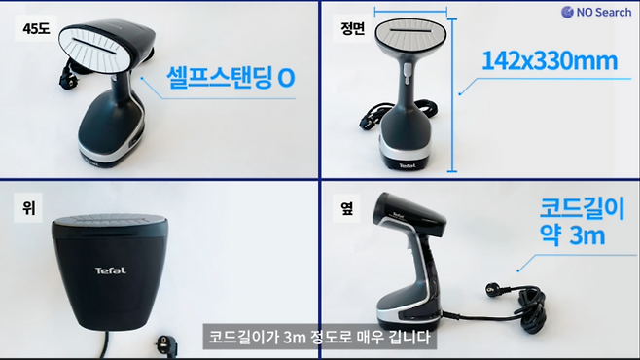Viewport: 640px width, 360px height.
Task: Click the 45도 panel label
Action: pos(36,28)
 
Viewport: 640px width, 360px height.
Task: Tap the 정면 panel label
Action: pos(353,28)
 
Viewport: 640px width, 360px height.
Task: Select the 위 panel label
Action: pos(28,208)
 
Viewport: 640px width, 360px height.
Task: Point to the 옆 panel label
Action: pos(346,208)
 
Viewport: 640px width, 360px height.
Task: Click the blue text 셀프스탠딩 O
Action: pos(231,77)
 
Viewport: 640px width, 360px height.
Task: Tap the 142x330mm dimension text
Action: pos(550,61)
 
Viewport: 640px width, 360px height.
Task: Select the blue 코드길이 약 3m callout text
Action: pos(582,221)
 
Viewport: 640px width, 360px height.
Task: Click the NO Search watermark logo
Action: pos(596,13)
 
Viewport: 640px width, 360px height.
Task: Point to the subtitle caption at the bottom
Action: pos(320,338)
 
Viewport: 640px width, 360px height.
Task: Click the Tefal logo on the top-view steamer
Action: pos(111,270)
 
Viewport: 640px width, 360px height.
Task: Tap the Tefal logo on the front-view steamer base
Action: pos(408,165)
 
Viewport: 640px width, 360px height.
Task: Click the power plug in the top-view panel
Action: pos(167,343)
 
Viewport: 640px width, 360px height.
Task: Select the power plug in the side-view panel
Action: pos(493,289)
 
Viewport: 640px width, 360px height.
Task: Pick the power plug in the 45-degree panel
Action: pos(67,79)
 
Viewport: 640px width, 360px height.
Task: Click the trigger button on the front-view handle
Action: pos(407,74)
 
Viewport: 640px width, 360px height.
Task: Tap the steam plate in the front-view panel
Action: pos(410,36)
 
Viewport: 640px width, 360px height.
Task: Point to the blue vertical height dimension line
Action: pos(452,95)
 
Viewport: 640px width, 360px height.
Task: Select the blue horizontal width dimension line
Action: pos(410,12)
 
